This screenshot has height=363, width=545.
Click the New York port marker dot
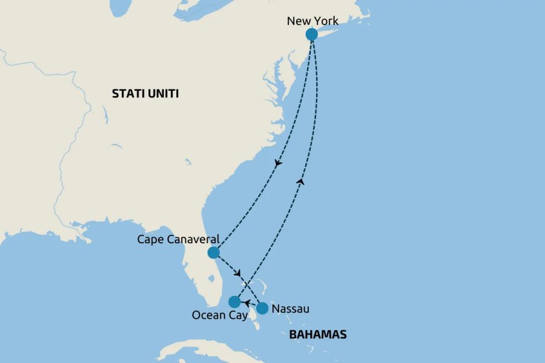(x=311, y=34)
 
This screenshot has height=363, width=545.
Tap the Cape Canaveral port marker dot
(x=213, y=253)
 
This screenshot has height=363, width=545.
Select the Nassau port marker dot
(x=262, y=309)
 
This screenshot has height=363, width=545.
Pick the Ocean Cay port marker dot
(x=234, y=301)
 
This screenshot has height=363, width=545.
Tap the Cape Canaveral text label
(x=178, y=239)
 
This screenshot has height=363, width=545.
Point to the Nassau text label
(x=291, y=309)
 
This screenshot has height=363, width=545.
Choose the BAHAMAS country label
(x=318, y=335)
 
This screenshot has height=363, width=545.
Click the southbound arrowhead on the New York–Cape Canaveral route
(x=278, y=163)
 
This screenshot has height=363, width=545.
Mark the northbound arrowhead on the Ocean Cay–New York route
(x=301, y=181)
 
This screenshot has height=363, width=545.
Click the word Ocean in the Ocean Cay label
(x=206, y=315)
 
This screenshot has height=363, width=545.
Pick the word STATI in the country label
(x=127, y=94)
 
